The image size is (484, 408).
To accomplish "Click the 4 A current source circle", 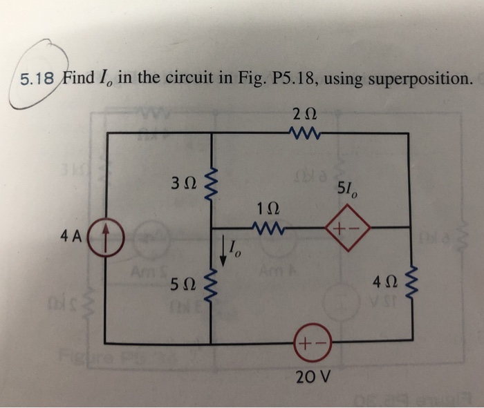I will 107,233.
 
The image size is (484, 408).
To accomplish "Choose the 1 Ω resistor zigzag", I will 266,226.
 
